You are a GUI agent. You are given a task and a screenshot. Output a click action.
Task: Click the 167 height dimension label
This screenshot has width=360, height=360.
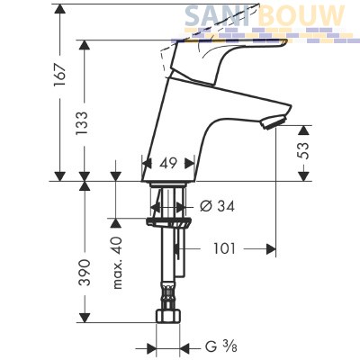point(59,75)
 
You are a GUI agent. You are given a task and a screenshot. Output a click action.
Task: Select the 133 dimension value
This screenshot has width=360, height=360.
point(82,123)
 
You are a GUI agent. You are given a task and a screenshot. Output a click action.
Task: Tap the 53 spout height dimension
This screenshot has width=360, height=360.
point(304,152)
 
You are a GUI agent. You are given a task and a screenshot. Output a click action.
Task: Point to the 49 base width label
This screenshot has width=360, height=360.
point(168,164)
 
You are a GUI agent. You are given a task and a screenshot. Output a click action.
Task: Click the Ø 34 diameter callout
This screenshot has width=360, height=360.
point(217,206)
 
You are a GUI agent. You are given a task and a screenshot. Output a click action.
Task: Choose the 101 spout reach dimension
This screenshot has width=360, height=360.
point(225,248)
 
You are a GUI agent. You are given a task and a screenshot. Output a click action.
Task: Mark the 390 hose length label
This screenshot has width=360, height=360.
point(85,273)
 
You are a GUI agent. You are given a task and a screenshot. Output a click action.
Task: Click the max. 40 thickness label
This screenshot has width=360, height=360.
point(117,263)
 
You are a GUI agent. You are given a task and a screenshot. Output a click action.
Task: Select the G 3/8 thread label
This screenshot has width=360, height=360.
point(220,347)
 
